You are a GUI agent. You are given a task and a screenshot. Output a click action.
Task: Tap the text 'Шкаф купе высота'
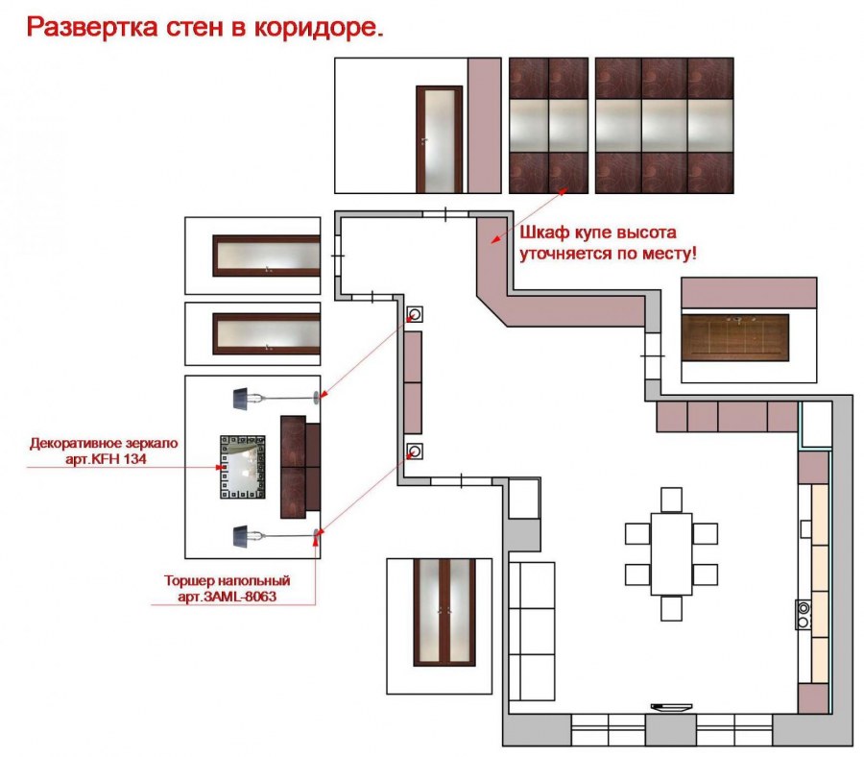point(599,233)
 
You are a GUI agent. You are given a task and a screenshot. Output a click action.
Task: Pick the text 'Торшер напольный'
point(227,581)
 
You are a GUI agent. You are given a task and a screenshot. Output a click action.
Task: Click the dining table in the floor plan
point(671,554)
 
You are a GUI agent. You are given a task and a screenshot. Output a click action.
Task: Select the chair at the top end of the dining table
point(671,500)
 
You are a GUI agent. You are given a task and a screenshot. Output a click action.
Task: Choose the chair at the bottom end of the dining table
point(671,608)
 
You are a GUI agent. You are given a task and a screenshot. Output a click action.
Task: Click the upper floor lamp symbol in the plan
point(416,314)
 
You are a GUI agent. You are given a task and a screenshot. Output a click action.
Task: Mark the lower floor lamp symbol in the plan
point(416,450)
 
